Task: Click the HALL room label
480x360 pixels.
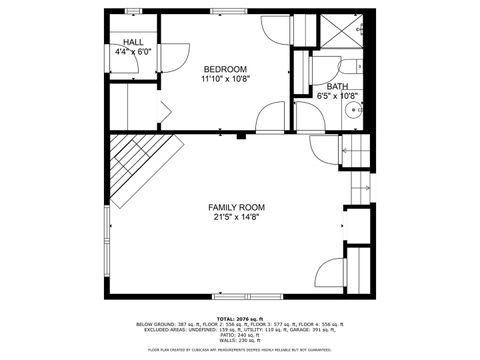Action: click(133, 42)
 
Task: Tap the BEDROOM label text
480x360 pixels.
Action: click(224, 69)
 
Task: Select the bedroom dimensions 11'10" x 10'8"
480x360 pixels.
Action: click(224, 78)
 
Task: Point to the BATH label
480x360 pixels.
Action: click(337, 88)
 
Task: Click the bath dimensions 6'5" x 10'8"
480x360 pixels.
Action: click(337, 97)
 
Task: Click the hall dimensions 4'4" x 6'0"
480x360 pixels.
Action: click(133, 51)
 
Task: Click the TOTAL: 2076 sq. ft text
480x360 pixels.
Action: click(240, 317)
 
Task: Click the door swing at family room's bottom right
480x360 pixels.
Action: click(329, 272)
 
